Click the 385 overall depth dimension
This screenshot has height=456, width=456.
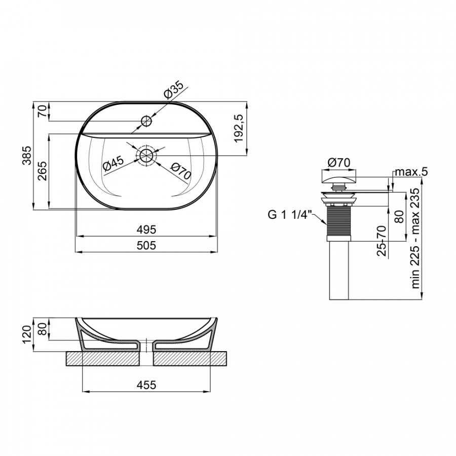(27, 156)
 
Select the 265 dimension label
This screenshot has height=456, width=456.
(43, 171)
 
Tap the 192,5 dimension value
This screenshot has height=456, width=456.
(239, 128)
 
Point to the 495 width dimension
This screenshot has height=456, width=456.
(146, 230)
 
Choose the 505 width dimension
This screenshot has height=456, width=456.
(146, 245)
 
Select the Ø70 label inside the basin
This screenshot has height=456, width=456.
(181, 171)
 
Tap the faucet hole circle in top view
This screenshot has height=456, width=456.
(146, 121)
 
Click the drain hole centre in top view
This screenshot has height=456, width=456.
(146, 156)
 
